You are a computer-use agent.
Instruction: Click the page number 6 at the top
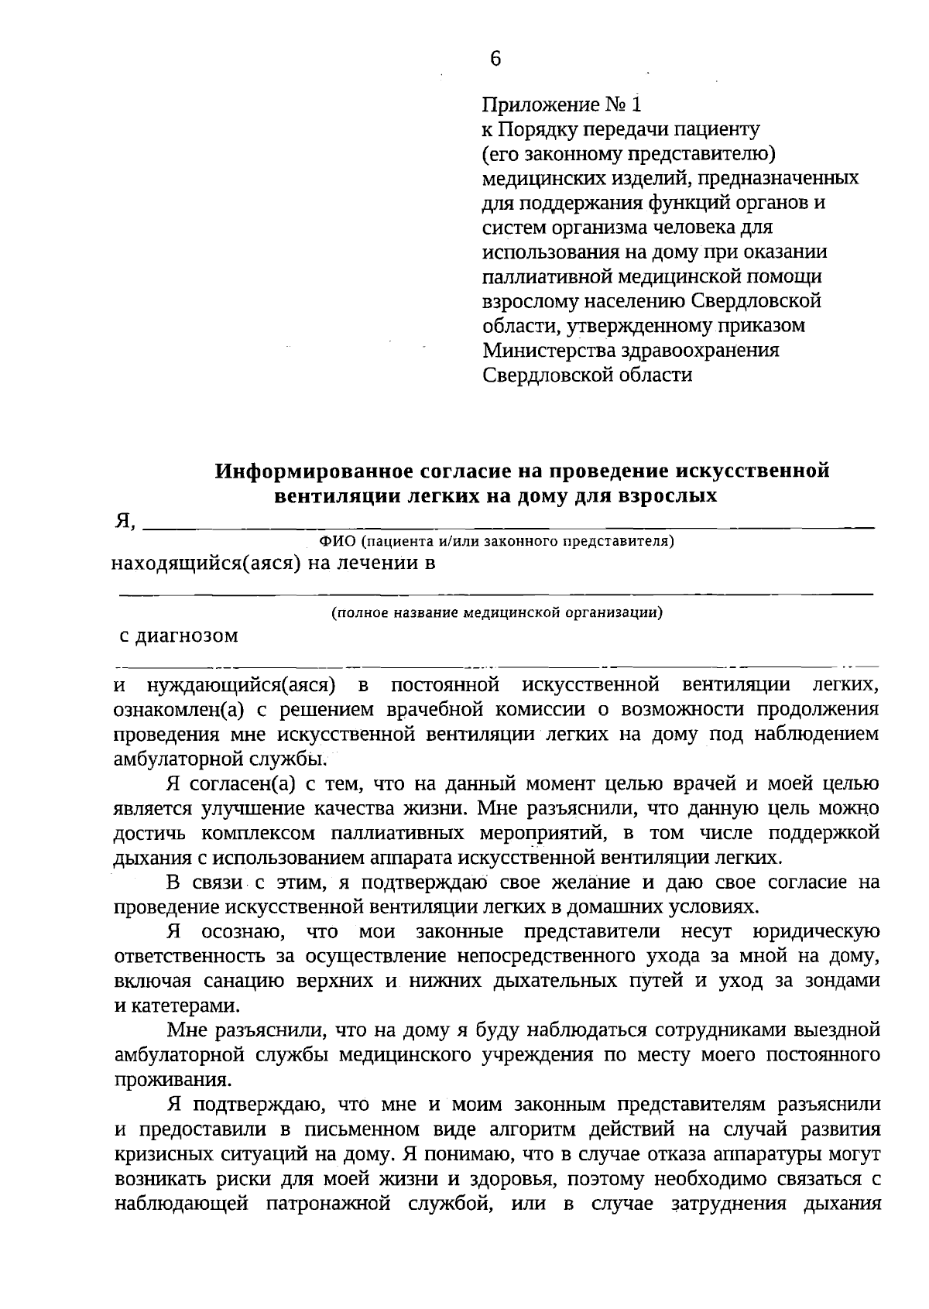coord(495,59)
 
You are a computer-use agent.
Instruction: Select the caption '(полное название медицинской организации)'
coord(496,613)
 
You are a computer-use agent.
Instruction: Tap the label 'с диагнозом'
coord(178,636)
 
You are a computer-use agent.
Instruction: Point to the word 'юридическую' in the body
coord(815,932)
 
